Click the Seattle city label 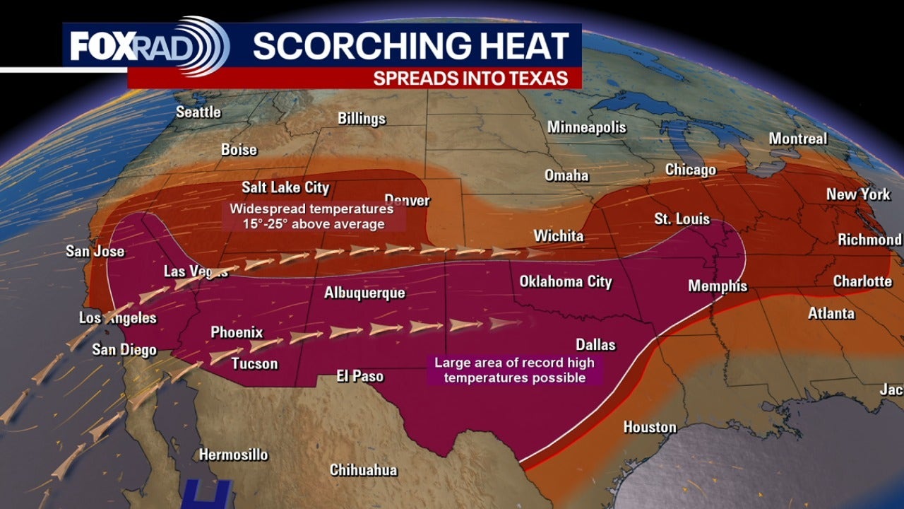coord(198,112)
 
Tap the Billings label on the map coord(362,118)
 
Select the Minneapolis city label coord(587,127)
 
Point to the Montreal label coord(797,139)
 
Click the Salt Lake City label coord(285,187)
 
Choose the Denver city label coord(407,201)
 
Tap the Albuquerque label coord(364,293)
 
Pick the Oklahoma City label coord(566,281)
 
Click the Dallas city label coord(595,345)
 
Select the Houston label coord(650,427)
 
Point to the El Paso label coord(360,377)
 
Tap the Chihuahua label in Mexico coord(364,470)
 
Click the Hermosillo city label coord(234,455)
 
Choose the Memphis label coord(718,286)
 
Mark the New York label coord(859,194)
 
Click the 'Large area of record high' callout coord(514,370)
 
